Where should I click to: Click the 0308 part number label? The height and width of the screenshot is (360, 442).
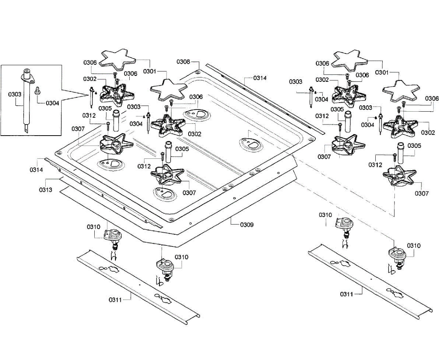click(183, 62)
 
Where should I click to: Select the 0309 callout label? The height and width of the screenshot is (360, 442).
click(246, 224)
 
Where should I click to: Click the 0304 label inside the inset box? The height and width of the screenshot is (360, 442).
click(52, 103)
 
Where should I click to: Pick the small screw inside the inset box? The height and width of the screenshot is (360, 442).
click(37, 90)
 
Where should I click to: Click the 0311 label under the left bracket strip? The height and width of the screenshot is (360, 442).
click(115, 300)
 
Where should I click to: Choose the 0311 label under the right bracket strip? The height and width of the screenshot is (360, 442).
click(347, 294)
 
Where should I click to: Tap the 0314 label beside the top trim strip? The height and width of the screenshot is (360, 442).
click(260, 78)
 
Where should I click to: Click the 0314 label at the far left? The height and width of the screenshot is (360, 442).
click(36, 170)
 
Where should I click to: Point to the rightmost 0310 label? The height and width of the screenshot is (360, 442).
click(414, 245)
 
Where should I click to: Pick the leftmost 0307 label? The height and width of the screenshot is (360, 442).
click(78, 129)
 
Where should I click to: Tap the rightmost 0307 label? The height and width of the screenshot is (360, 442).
click(422, 193)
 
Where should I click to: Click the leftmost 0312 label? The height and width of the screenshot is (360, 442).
click(89, 115)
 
